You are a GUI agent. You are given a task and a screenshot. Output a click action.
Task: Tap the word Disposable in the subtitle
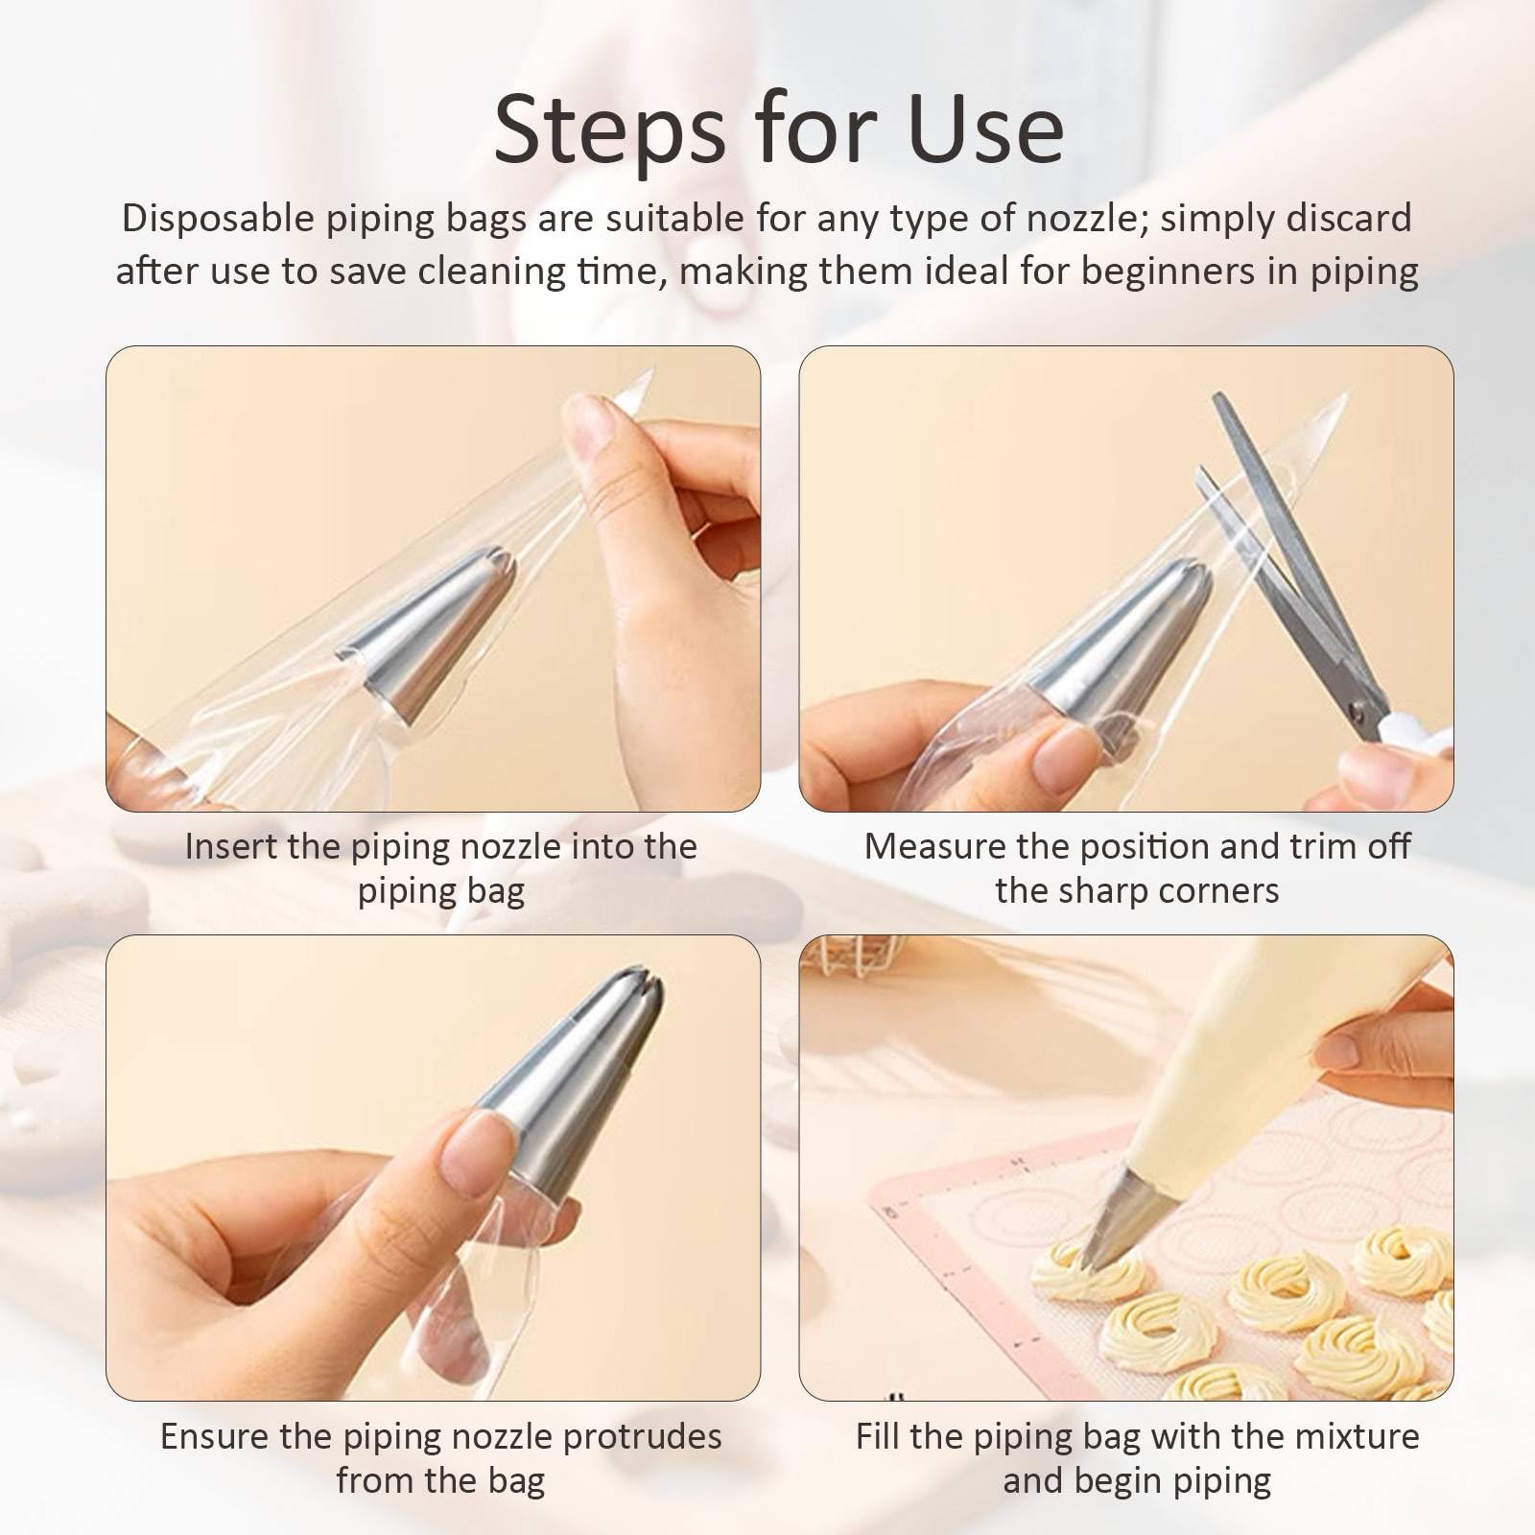(218, 220)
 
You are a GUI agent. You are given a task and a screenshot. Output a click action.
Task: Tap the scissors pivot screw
(1358, 711)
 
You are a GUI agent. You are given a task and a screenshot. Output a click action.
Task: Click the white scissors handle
(1419, 739)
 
